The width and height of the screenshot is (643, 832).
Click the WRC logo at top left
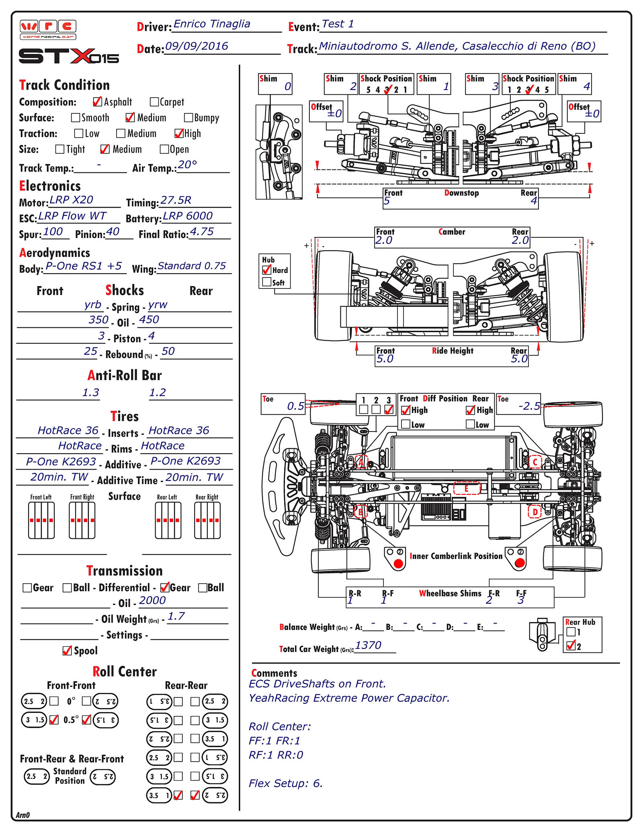point(48,30)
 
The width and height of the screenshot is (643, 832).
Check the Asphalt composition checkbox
point(97,102)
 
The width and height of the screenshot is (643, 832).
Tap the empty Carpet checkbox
point(154,102)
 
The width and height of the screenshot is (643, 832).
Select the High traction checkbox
point(179,133)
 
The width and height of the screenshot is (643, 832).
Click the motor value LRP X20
point(71,200)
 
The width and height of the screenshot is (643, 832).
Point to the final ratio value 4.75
point(202,231)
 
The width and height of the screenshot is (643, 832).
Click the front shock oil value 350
point(98,320)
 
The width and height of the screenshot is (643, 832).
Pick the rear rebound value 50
point(168,351)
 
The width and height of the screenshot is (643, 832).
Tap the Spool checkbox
point(67,650)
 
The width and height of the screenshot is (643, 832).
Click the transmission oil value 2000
point(152,600)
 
